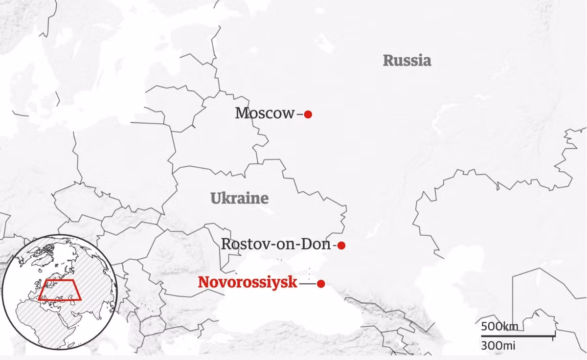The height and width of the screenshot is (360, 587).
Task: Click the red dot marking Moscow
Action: [x=308, y=114]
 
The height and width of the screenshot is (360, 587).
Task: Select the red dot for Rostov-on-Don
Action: [x=341, y=246]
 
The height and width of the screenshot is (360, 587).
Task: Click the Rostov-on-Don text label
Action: [x=276, y=244]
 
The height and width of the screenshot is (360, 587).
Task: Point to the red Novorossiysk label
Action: [x=248, y=283]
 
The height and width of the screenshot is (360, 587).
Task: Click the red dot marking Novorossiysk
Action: [x=321, y=284]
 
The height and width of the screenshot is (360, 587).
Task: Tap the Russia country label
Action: [x=407, y=61]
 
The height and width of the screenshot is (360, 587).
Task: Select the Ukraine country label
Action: [x=240, y=199]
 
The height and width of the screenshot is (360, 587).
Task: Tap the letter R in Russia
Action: [x=387, y=61]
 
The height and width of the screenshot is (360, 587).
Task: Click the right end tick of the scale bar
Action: [x=554, y=336]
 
